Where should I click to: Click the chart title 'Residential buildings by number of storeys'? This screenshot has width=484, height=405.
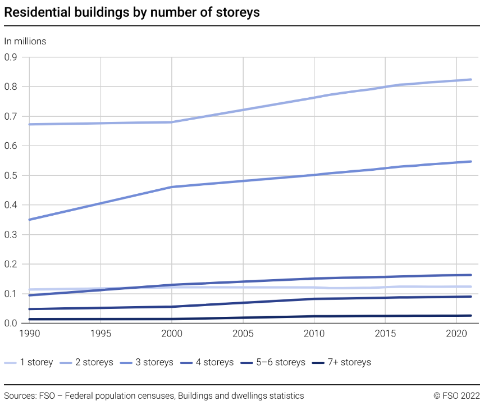click(132, 12)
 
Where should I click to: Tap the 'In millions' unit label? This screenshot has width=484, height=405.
click(25, 41)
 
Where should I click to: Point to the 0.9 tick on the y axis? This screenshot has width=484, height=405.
click(11, 57)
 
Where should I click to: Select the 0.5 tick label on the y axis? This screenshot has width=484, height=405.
click(11, 175)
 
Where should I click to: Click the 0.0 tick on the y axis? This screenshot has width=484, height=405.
click(11, 323)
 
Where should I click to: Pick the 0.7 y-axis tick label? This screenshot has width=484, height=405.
click(11, 116)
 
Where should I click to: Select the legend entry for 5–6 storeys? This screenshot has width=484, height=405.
click(273, 362)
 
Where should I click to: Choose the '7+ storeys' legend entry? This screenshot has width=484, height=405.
click(341, 362)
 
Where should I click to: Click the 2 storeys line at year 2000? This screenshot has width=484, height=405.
click(172, 122)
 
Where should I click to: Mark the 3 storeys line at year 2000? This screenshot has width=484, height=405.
click(172, 186)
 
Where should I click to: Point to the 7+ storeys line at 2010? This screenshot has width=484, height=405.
click(314, 316)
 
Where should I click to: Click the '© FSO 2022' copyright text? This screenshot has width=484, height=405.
click(456, 396)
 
